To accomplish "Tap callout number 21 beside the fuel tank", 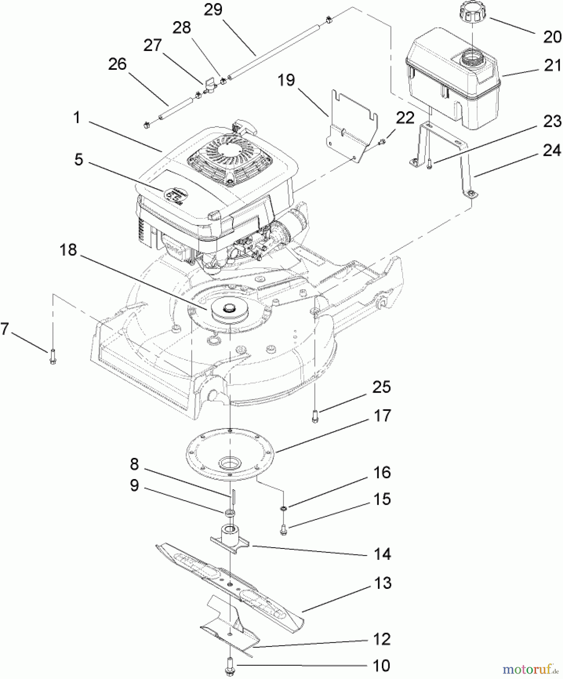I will (552, 65).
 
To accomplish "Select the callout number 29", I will (213, 10).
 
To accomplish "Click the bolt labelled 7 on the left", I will (52, 356).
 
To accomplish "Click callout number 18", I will (68, 250).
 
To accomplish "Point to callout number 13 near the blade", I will (382, 583).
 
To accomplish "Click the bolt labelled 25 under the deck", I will (315, 416).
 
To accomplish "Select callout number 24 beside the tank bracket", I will (552, 151).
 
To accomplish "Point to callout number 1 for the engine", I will (77, 117).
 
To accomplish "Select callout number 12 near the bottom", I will (381, 639).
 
